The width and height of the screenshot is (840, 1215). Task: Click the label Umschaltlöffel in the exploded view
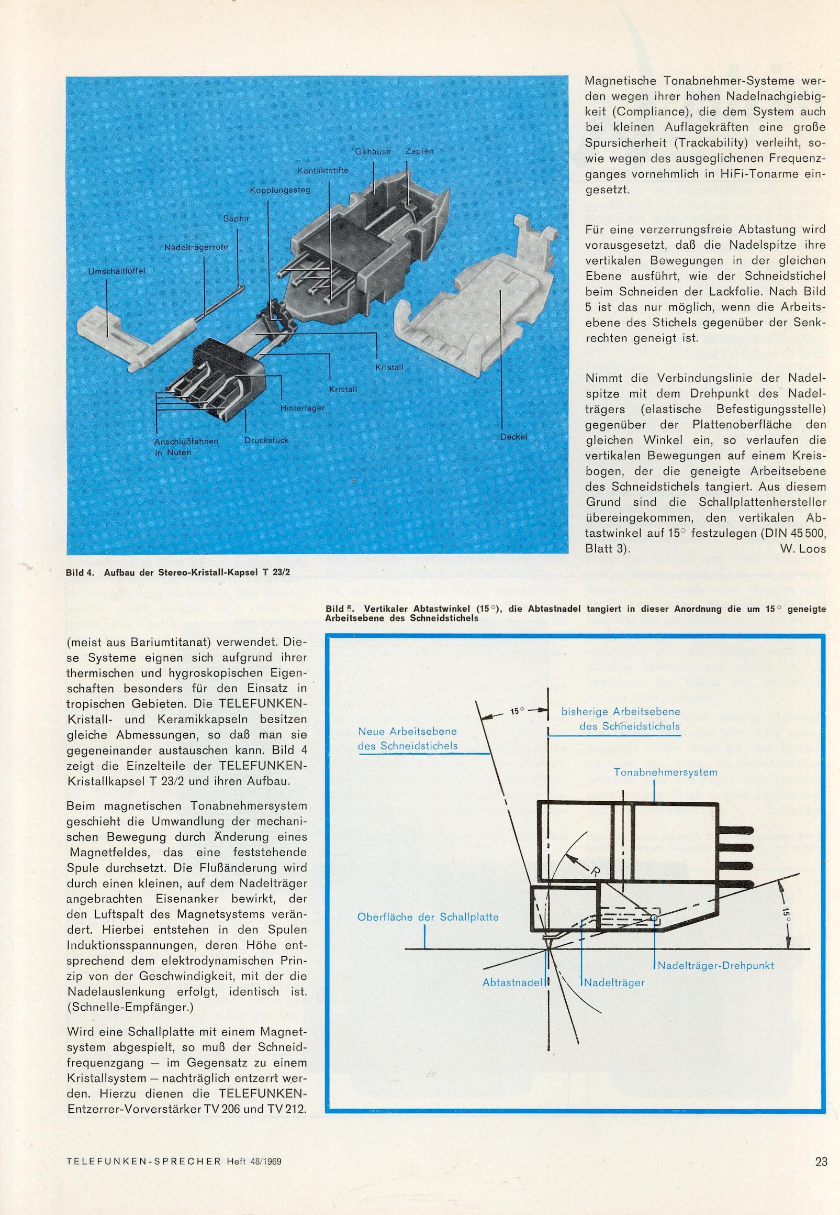pos(116,271)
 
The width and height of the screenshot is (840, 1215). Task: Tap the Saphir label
pos(236,218)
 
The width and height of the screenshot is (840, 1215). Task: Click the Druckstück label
pos(266,440)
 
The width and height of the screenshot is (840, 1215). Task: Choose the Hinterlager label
pos(302,407)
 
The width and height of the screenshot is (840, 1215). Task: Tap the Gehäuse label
pos(373,152)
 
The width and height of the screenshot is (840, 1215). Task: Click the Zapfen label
pos(419,151)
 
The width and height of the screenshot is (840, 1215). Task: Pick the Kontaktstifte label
pos(322,171)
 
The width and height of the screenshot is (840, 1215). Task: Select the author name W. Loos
pos(801,548)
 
